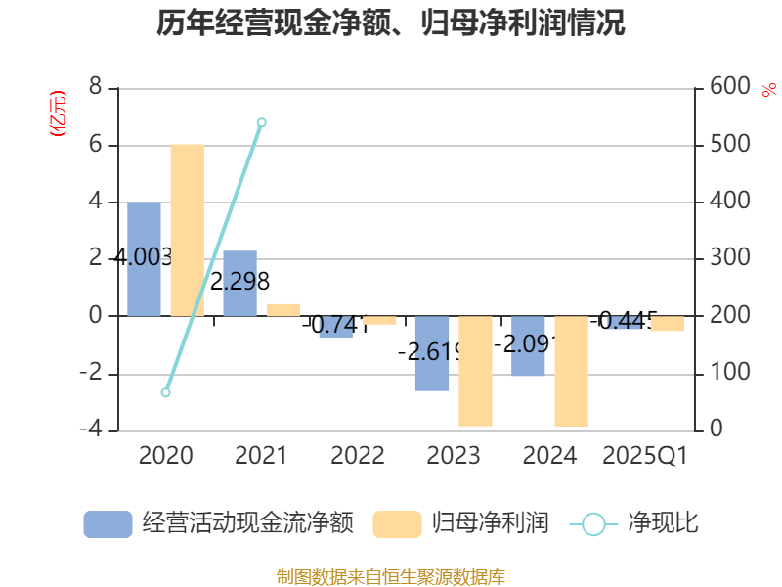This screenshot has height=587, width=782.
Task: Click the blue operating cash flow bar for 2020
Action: pyautogui.click(x=144, y=259)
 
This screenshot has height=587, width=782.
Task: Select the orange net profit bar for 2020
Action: pyautogui.click(x=187, y=230)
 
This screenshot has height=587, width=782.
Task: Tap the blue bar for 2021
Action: pyautogui.click(x=239, y=284)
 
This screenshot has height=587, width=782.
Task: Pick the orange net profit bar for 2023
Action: pyautogui.click(x=475, y=371)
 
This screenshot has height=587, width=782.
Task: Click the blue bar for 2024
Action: pyautogui.click(x=528, y=346)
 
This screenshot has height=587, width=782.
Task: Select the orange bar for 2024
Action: pyautogui.click(x=571, y=371)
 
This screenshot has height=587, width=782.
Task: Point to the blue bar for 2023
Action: pyautogui.click(x=432, y=353)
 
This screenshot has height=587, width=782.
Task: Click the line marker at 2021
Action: pyautogui.click(x=262, y=122)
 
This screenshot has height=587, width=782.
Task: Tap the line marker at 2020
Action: pyautogui.click(x=166, y=392)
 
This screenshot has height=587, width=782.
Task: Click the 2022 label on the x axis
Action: pyautogui.click(x=358, y=456)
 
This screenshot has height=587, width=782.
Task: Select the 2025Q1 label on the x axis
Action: pyautogui.click(x=645, y=456)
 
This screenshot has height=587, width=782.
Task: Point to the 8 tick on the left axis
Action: pyautogui.click(x=95, y=87)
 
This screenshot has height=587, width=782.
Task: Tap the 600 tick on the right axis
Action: pyautogui.click(x=729, y=87)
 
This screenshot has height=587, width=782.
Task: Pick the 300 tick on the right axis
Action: pyautogui.click(x=729, y=258)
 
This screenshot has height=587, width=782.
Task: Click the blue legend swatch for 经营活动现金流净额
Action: pyautogui.click(x=108, y=523)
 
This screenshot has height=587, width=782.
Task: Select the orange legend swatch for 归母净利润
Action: pyautogui.click(x=397, y=523)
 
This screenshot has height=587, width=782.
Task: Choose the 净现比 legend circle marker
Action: pyautogui.click(x=593, y=523)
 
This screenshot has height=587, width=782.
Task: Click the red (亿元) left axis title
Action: pyautogui.click(x=58, y=113)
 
